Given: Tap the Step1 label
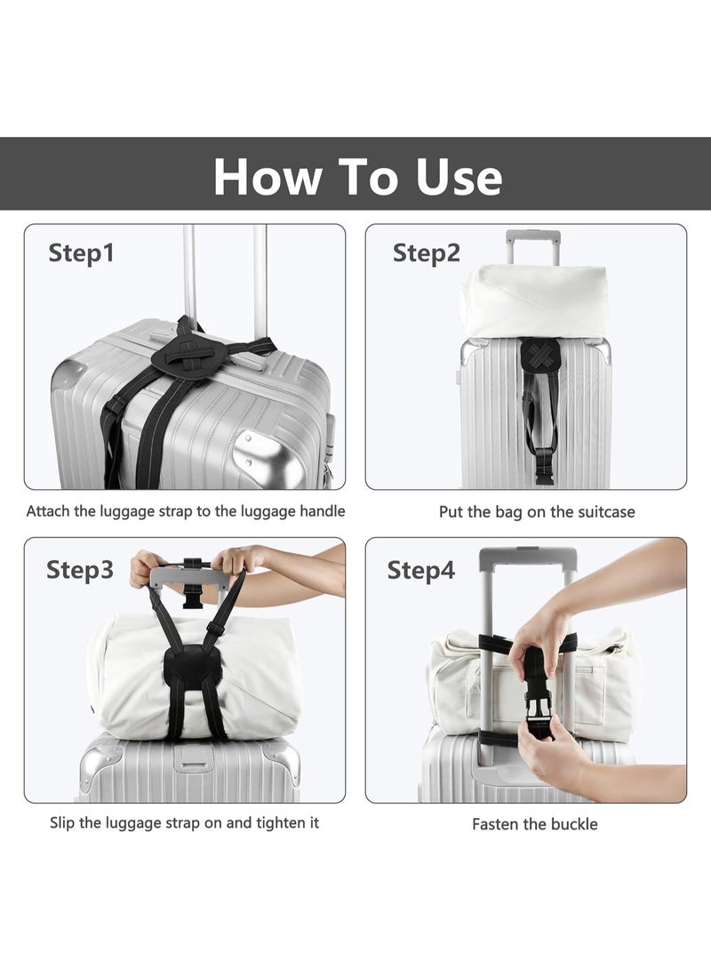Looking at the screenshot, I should point(81,253).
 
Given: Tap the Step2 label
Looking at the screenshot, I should point(427,253).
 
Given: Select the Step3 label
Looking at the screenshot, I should point(80,570).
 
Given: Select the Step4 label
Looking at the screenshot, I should point(420,570).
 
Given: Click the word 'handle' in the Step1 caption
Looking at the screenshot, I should point(320,511).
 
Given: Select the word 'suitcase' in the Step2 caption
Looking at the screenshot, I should point(605,512).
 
